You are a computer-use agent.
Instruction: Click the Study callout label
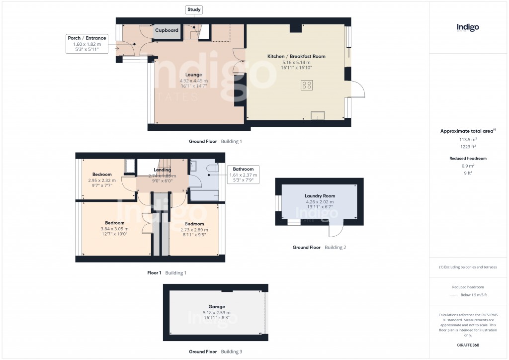pyautogui.click(x=194, y=9)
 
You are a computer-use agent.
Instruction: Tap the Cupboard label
pyautogui.click(x=167, y=30)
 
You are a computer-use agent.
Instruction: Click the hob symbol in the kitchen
pyautogui.click(x=306, y=85)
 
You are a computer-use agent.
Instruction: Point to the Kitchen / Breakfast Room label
pyautogui.click(x=296, y=56)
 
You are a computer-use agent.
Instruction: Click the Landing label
pyautogui.click(x=162, y=170)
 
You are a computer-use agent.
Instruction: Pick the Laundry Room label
pyautogui.click(x=320, y=196)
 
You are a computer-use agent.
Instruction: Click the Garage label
pyautogui.click(x=216, y=307)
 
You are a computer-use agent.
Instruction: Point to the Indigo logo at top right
pyautogui.click(x=468, y=28)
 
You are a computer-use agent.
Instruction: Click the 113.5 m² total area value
pyautogui.click(x=468, y=140)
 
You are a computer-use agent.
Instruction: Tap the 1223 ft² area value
pyautogui.click(x=468, y=147)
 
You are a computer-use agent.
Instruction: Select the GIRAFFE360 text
pyautogui.click(x=468, y=345)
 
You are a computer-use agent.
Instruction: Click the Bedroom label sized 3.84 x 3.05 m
pyautogui.click(x=114, y=223)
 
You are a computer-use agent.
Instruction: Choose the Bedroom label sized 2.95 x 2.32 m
pyautogui.click(x=101, y=175)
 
